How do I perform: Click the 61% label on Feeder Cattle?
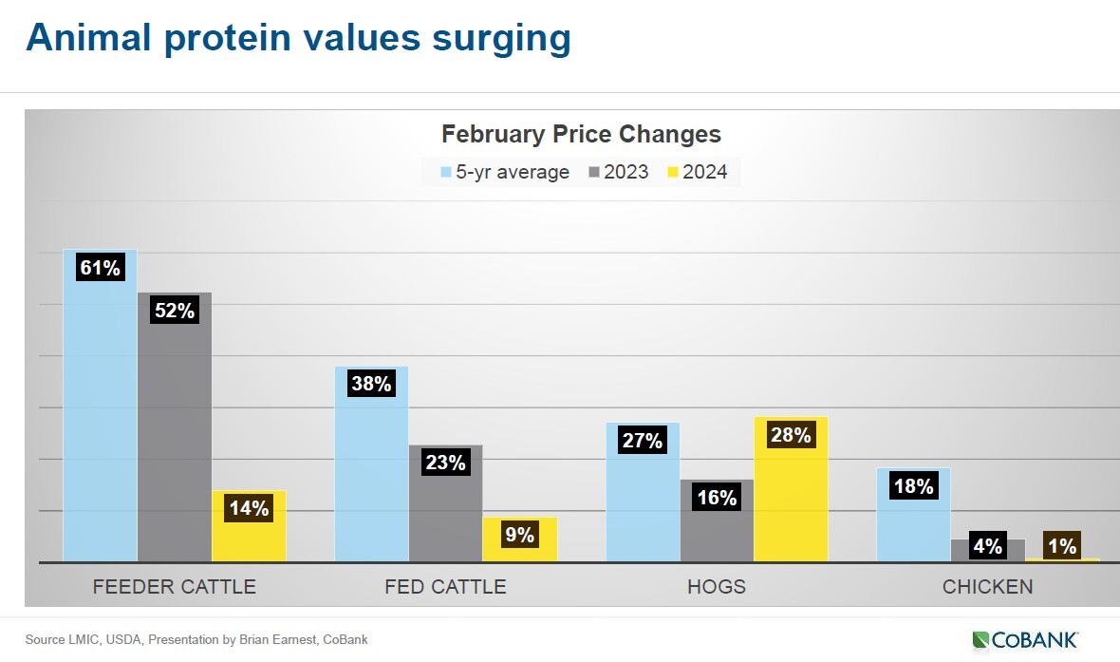100,268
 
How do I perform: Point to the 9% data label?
519,535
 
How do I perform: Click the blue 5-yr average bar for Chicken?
913,522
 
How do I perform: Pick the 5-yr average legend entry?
505,172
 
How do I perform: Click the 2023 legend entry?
619,172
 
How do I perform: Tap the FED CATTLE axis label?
445,586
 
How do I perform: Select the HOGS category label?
717,586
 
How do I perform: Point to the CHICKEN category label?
987,586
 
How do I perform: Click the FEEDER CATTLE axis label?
175,586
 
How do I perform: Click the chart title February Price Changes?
581,134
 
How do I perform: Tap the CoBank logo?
1024,639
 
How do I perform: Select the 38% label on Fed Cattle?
370,384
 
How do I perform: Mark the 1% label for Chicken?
1061,546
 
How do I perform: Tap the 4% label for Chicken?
987,546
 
